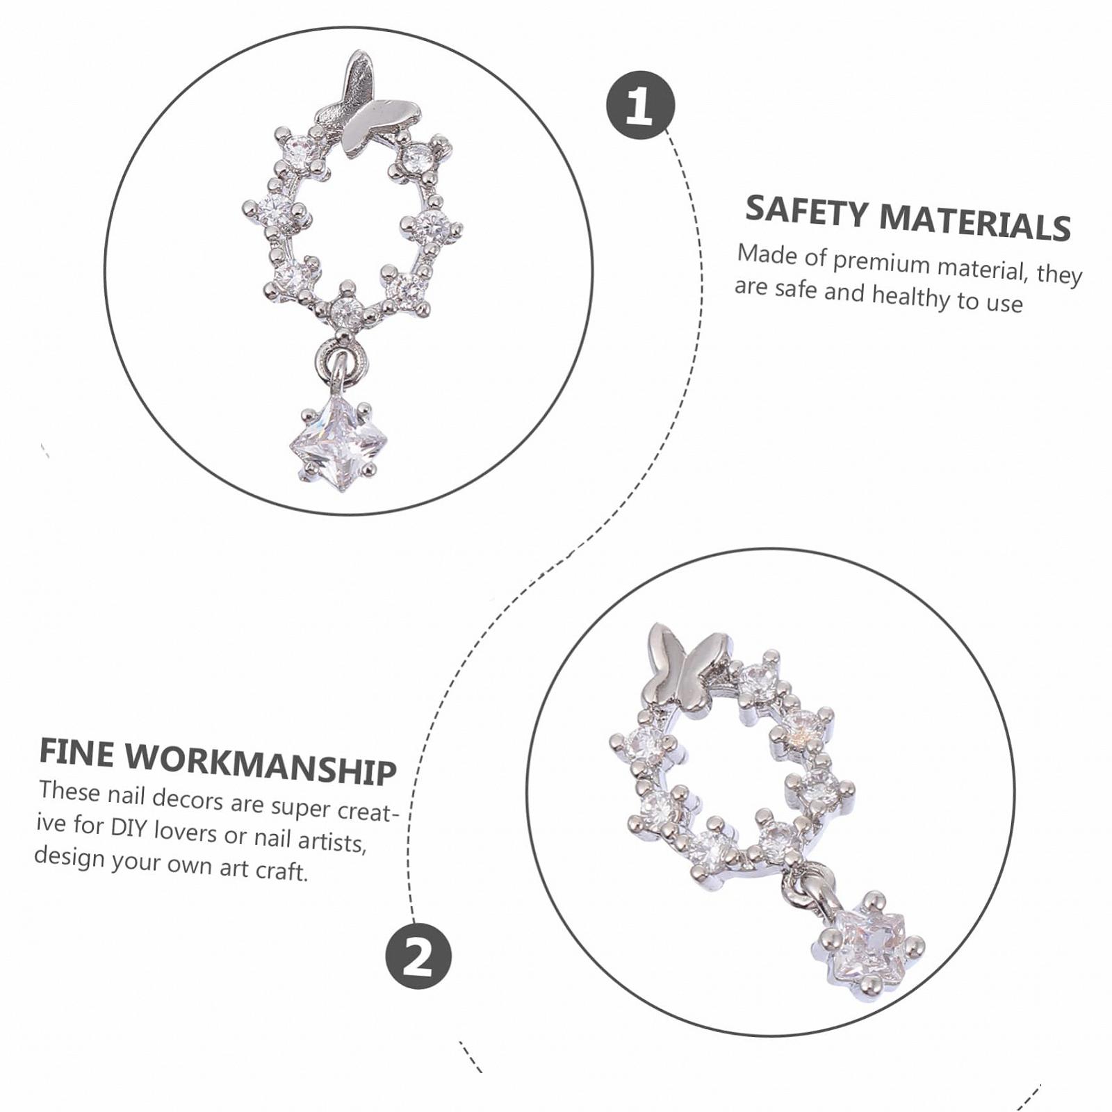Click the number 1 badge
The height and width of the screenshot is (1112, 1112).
click(x=640, y=105)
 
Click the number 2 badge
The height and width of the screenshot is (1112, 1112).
click(x=418, y=956)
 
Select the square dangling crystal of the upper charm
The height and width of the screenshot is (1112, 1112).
click(x=338, y=443)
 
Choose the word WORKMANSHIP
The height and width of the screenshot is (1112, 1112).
click(x=262, y=764)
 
